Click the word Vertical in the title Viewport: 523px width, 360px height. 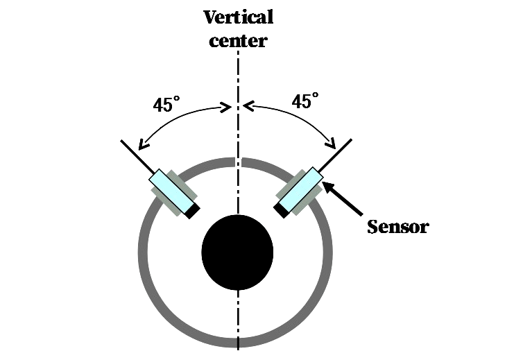(238, 17)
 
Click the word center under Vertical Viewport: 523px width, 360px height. (238, 40)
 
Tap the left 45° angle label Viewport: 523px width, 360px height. (166, 105)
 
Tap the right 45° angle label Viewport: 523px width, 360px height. (305, 102)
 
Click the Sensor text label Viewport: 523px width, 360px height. (397, 226)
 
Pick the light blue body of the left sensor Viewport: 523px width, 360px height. (171, 188)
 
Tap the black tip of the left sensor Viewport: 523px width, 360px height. (192, 209)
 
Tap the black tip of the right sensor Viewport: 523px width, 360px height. (281, 209)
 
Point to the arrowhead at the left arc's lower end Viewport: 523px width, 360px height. (142, 146)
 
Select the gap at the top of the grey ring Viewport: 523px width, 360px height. (238, 162)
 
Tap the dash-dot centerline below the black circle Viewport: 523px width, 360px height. (238, 312)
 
